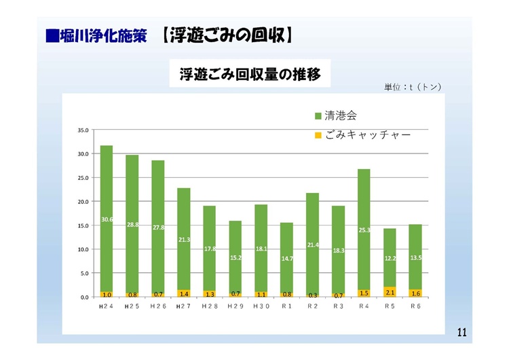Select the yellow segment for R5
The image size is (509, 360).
point(390,292)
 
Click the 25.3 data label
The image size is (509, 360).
point(364,230)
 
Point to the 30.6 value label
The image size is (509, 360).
point(107,219)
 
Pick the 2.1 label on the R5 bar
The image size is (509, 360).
point(390,292)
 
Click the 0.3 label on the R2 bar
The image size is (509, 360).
point(312,295)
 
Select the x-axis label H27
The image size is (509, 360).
point(184,307)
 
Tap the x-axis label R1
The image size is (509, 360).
point(286,307)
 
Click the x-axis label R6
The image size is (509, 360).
point(415,307)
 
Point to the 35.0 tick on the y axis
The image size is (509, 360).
point(83,130)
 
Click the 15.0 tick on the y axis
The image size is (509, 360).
point(83,226)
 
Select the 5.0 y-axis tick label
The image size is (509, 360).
point(84,273)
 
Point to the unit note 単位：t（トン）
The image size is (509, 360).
point(413,87)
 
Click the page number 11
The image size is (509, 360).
point(461,332)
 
